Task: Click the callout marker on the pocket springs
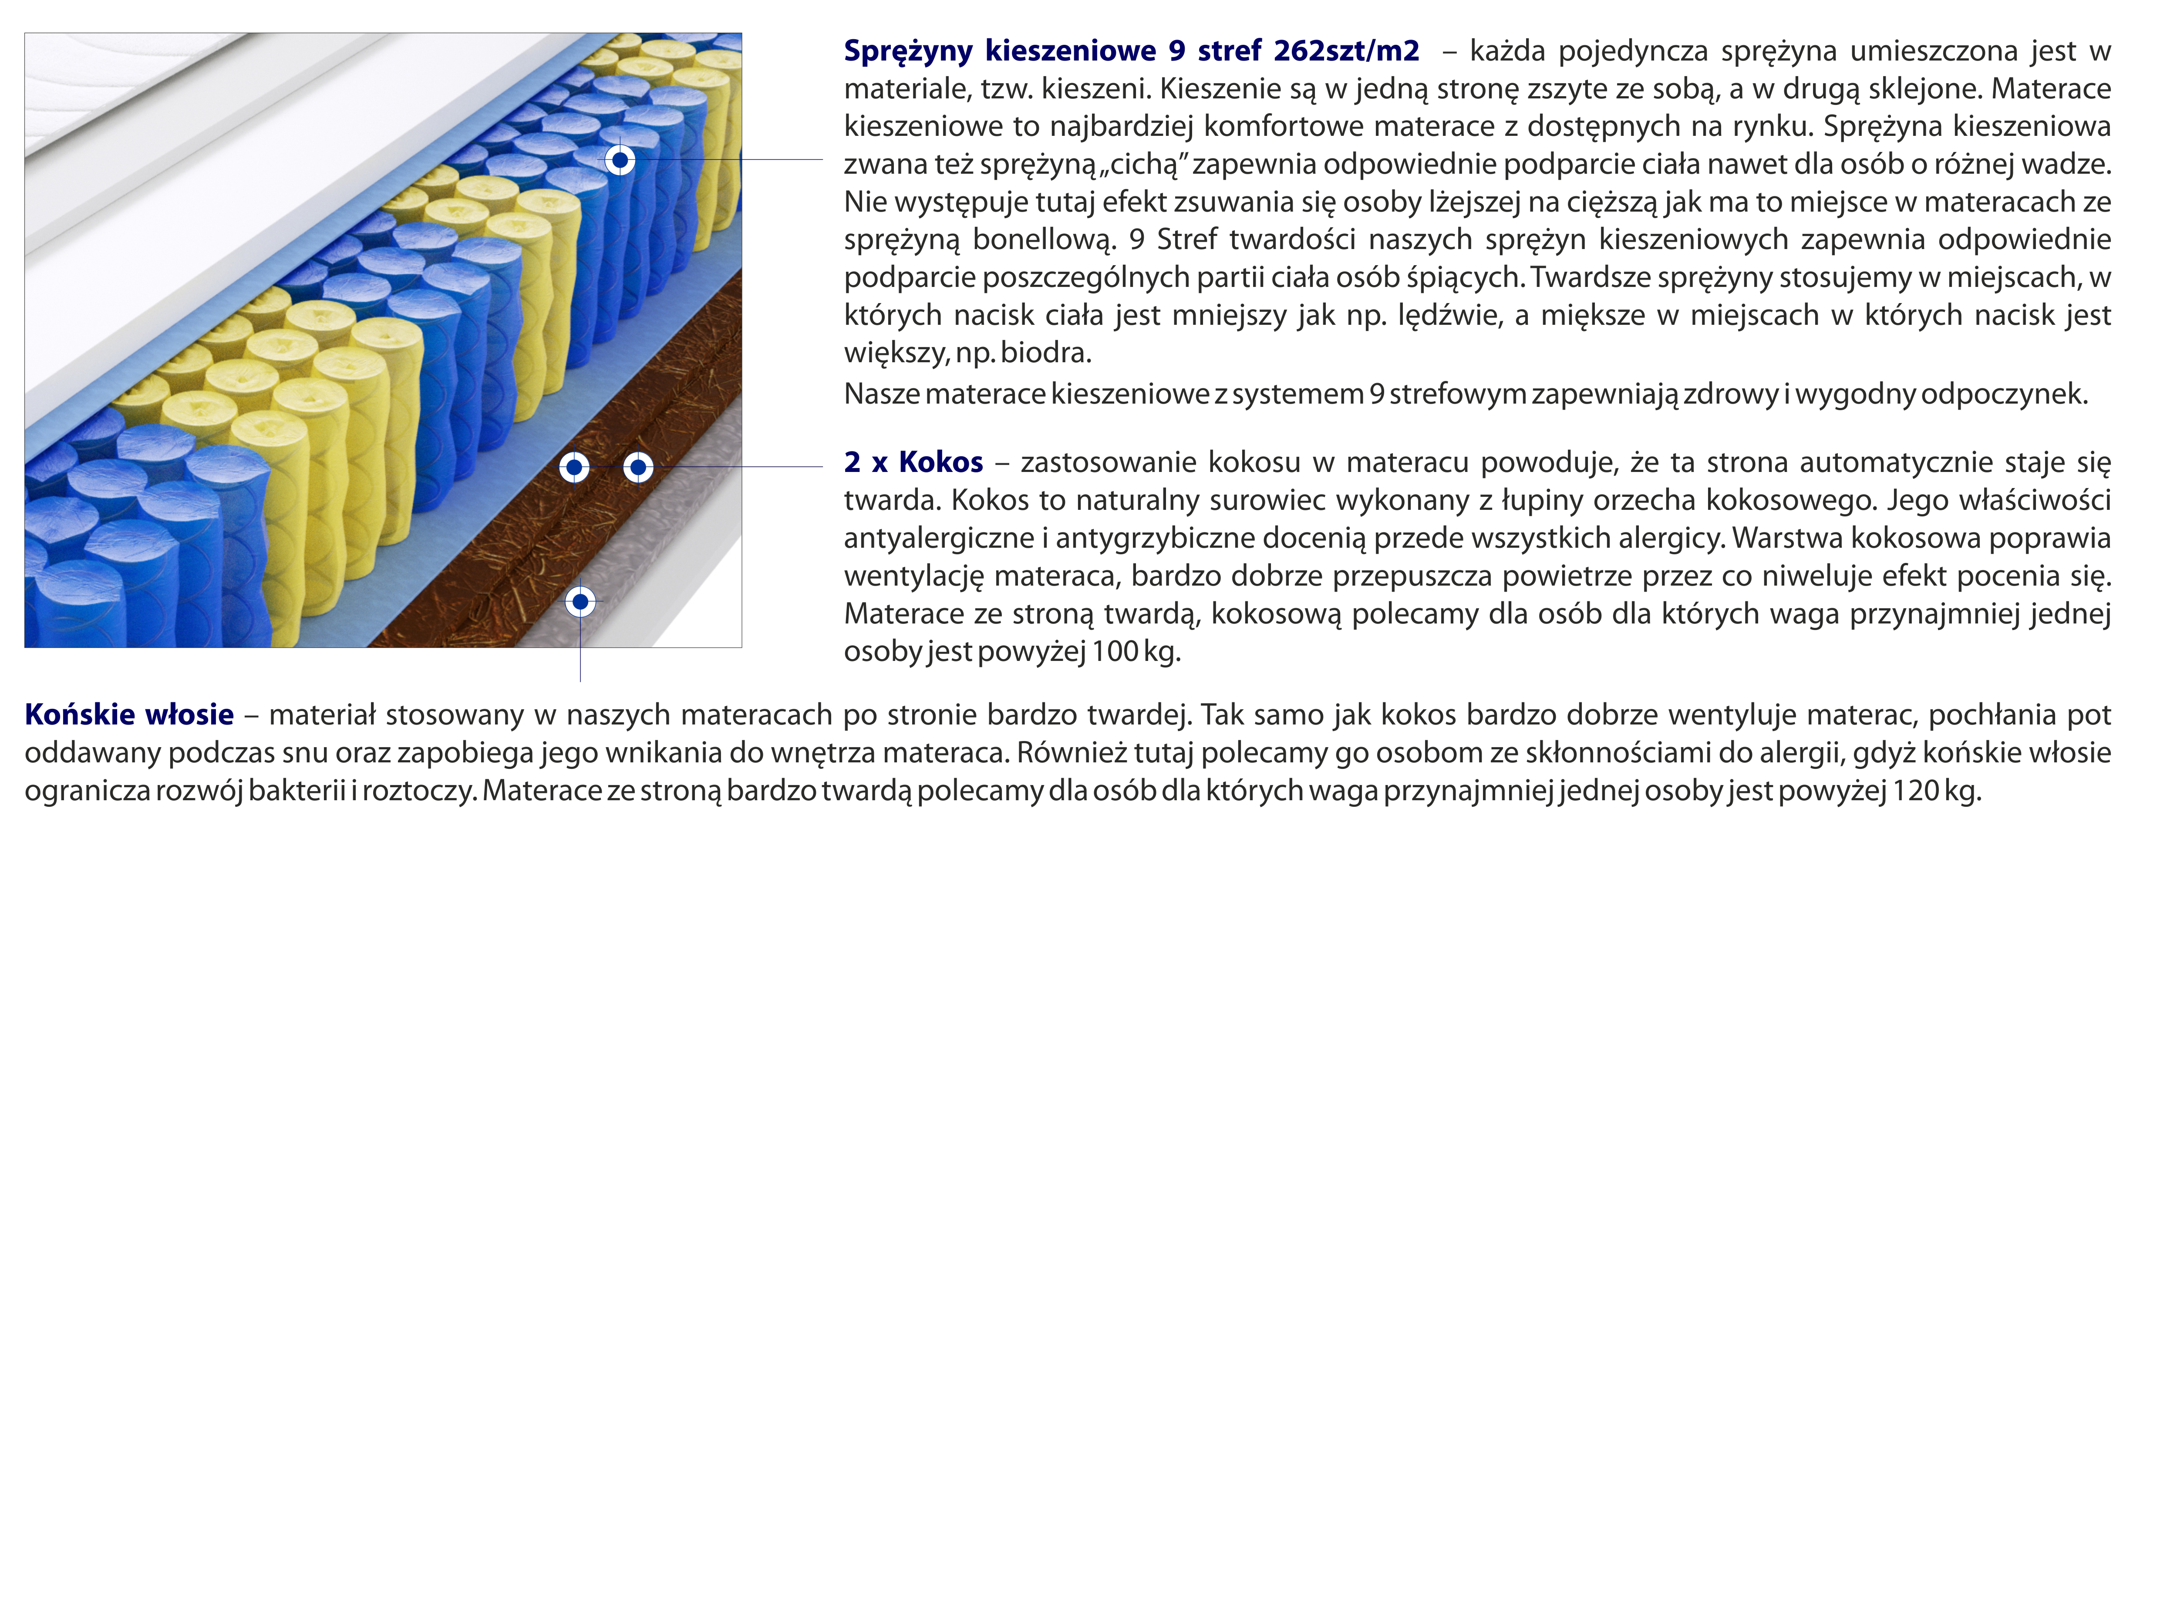coord(619,159)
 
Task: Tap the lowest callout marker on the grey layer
coord(580,601)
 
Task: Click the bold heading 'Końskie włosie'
coord(130,714)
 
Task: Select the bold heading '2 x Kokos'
coord(913,462)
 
